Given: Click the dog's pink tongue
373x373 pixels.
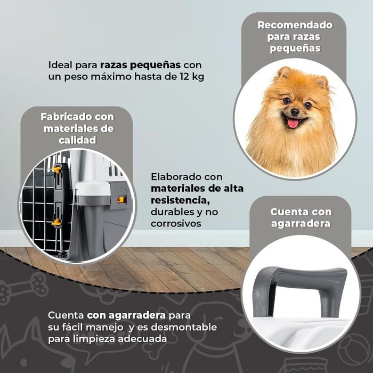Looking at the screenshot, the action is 293,123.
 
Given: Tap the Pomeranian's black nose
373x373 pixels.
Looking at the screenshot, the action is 295,111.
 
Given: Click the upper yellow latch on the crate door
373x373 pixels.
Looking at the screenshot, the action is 56,169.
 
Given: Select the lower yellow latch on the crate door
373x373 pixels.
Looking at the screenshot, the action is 56,222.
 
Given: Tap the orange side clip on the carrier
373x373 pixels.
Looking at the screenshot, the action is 121,200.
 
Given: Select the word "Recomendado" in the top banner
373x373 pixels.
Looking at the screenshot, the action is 295,25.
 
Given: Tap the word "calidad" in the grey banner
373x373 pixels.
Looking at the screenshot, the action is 77,140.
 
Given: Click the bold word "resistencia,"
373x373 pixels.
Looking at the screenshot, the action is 180,200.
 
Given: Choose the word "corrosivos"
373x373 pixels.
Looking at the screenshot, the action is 176,224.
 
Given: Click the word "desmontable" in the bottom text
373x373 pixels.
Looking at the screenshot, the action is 184,327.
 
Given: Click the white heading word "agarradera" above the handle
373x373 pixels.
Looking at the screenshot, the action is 301,223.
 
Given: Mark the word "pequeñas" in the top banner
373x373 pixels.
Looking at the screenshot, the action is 295,48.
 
